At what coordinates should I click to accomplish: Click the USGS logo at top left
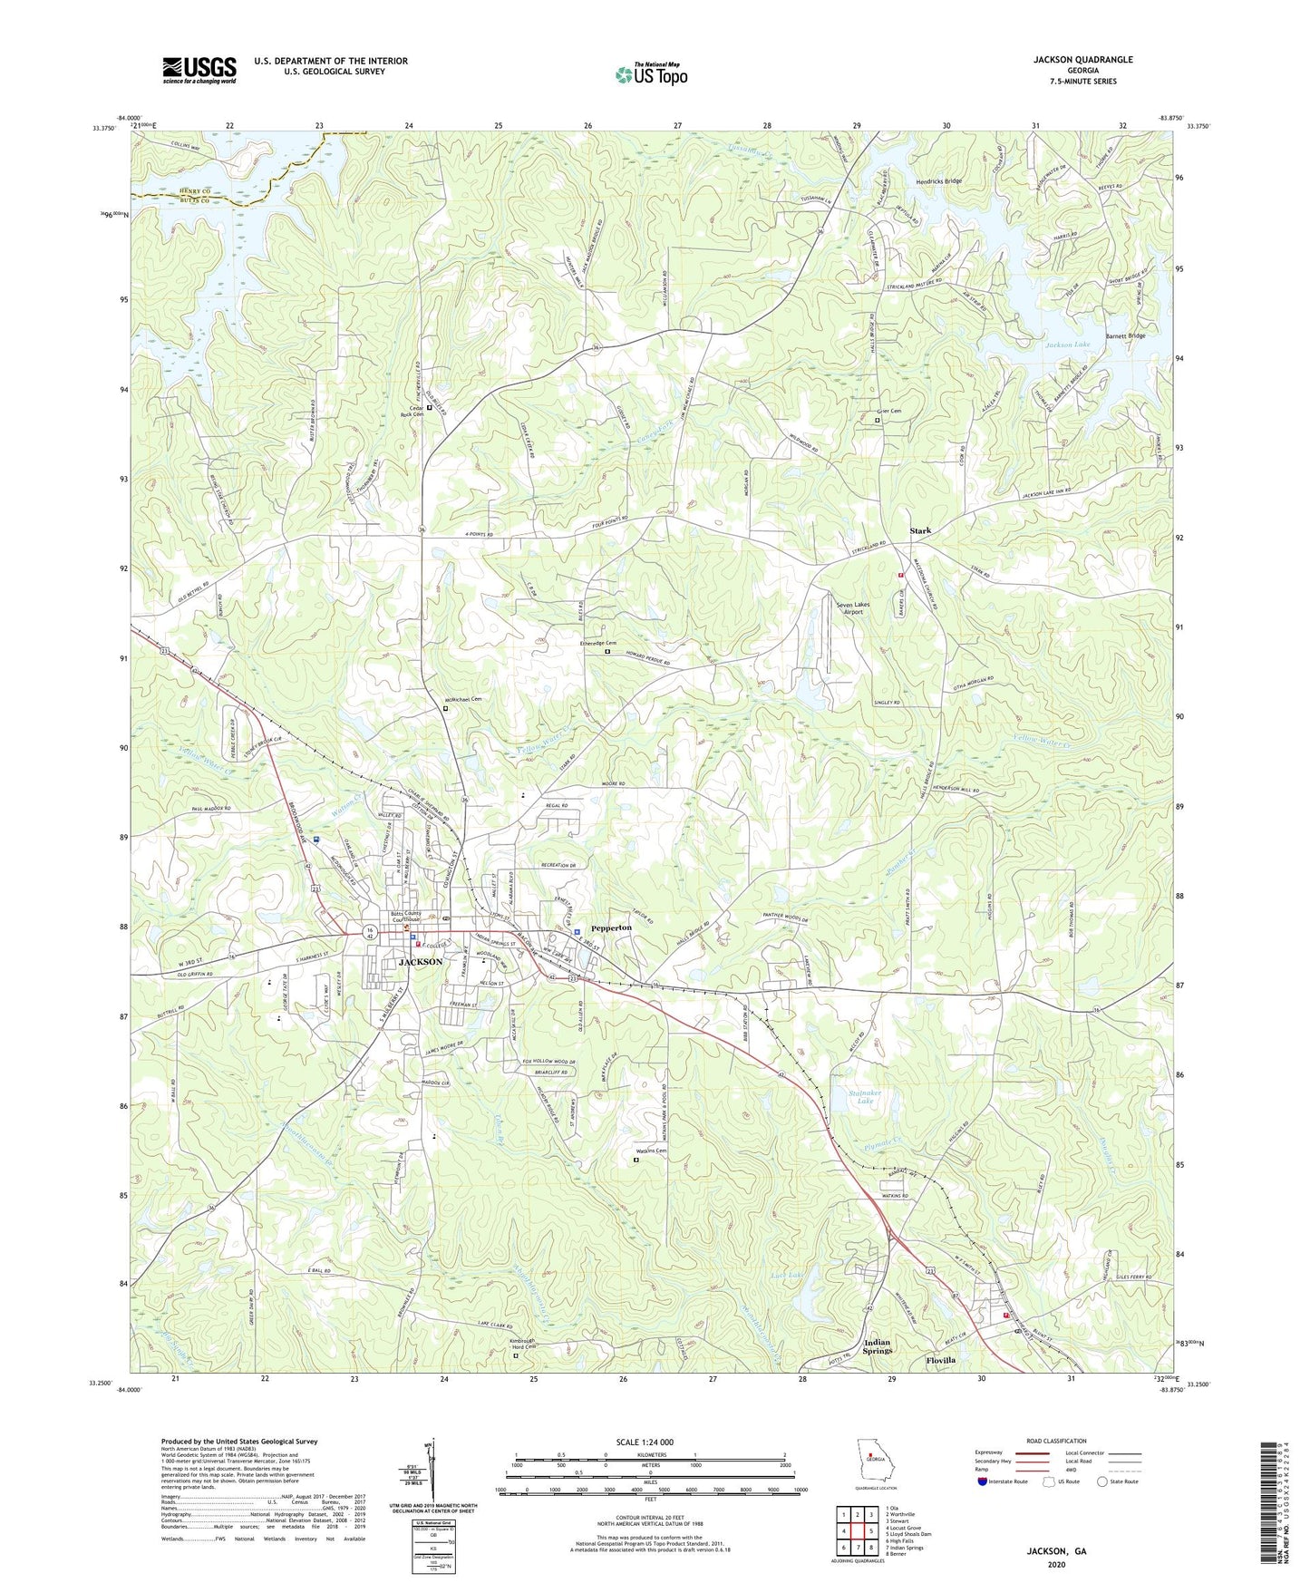(199, 69)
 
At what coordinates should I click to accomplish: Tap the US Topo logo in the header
(650, 74)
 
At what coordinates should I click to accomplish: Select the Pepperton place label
(611, 928)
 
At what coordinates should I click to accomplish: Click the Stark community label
(921, 531)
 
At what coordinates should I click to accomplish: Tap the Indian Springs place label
(877, 1346)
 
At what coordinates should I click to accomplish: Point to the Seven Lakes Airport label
(841, 608)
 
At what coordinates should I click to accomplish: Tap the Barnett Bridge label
(1125, 336)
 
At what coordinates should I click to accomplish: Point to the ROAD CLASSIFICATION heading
(1055, 1441)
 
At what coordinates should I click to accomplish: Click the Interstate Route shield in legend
(983, 1481)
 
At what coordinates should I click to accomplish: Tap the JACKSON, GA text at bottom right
(1056, 1551)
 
